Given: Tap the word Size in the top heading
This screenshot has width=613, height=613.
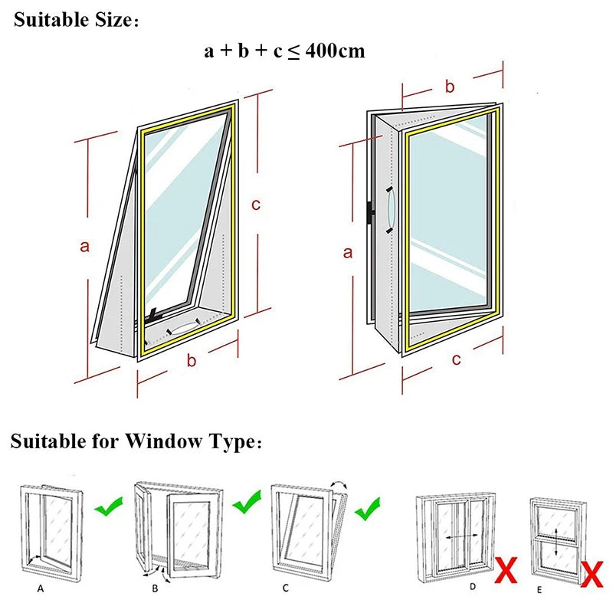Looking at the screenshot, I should pos(107,20).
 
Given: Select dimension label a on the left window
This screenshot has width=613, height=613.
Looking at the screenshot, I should pos(85,246).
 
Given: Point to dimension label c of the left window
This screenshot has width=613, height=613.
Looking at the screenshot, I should pos(257,205).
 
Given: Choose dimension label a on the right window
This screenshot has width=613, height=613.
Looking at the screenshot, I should pos(347,252).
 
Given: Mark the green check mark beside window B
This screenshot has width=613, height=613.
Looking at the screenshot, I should pos(247,503).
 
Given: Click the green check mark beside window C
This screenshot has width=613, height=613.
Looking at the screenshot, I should pos(366,507).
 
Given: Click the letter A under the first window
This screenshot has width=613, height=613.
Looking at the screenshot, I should pos(40,588).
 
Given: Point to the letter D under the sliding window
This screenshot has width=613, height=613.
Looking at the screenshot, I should pos(473,586).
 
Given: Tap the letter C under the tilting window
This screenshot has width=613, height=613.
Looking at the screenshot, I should pos(286,588).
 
